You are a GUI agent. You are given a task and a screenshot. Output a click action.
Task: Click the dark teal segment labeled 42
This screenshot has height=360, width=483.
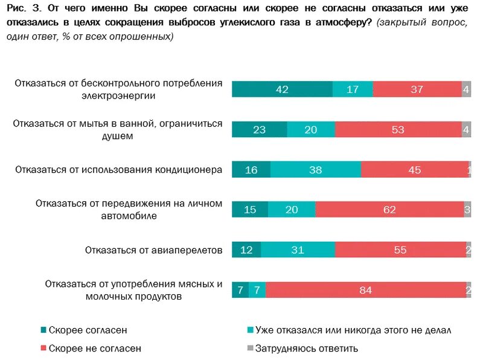[282, 89]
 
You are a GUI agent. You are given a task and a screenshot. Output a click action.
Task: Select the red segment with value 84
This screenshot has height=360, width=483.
[365, 290]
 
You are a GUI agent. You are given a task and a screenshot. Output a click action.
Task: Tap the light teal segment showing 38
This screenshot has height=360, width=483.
[315, 170]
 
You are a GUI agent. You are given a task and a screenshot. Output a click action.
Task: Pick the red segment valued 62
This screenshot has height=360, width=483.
[389, 210]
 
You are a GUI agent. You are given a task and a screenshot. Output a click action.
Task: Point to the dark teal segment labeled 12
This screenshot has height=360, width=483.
[246, 250]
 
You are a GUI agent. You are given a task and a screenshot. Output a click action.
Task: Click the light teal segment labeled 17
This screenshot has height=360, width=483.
[353, 89]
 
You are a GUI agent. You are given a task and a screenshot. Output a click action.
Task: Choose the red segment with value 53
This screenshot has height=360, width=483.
[397, 130]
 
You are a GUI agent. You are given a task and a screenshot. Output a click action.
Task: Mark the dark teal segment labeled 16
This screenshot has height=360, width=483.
[251, 170]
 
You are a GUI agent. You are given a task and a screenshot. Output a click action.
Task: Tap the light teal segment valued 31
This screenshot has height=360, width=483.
[298, 250]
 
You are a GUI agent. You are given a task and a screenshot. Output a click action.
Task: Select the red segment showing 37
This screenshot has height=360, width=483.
[417, 89]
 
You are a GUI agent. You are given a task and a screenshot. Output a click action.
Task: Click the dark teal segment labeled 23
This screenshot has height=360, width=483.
[259, 130]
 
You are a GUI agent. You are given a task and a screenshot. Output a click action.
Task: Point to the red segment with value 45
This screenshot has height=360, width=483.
[414, 170]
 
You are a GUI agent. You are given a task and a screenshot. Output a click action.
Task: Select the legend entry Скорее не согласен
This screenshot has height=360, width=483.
[94, 348]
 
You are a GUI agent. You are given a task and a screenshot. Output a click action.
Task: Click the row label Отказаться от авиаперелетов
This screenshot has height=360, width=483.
[154, 250]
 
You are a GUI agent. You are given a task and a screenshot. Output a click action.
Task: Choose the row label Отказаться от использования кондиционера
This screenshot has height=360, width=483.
[119, 170]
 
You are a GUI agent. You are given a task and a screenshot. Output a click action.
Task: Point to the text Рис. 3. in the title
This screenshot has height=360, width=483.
[23, 8]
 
